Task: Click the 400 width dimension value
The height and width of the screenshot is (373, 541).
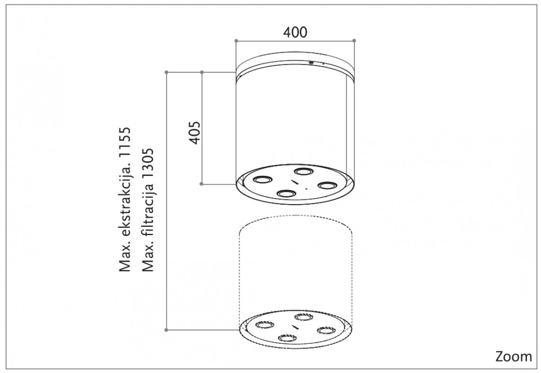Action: (295, 32)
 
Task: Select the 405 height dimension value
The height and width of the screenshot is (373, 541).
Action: (195, 133)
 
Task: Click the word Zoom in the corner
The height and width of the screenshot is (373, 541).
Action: (514, 356)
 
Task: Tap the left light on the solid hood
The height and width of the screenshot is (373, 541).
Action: (262, 179)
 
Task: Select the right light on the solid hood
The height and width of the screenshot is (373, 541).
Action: (327, 185)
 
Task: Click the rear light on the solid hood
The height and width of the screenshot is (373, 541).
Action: (304, 171)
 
